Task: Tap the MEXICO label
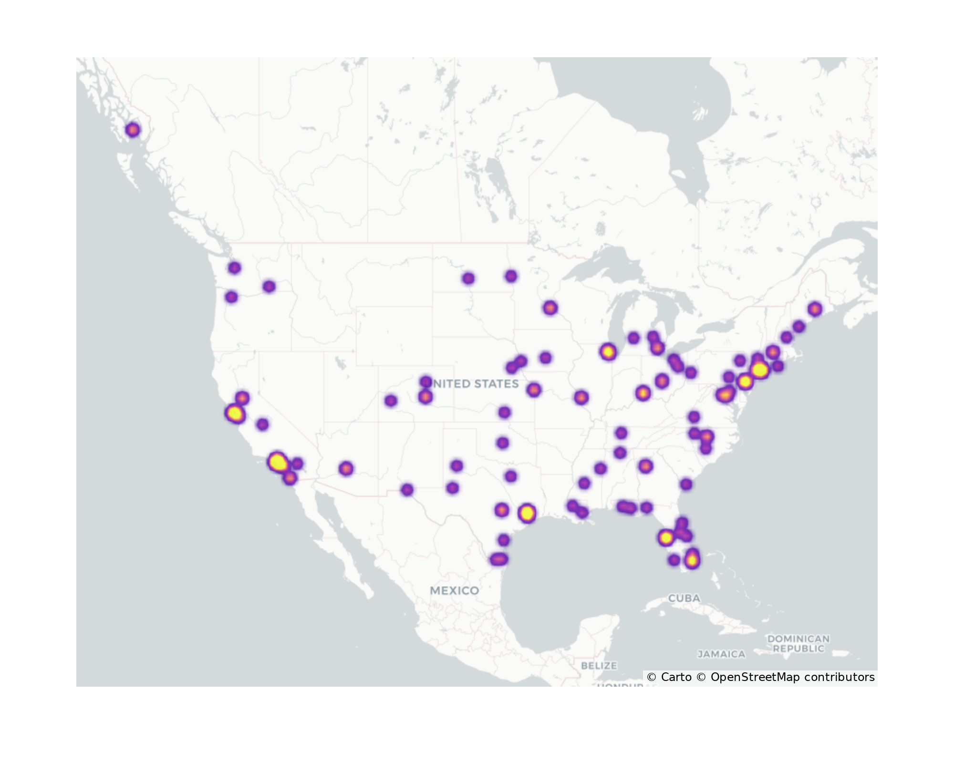(x=454, y=590)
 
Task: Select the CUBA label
(x=684, y=598)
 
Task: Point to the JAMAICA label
(x=721, y=654)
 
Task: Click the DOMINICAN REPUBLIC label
(x=798, y=643)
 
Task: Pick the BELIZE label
(x=599, y=665)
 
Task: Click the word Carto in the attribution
(x=676, y=677)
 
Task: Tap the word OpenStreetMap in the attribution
(x=755, y=677)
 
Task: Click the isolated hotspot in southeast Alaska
(x=133, y=130)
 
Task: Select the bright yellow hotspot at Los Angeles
(x=278, y=462)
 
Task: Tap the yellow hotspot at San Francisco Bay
(x=235, y=413)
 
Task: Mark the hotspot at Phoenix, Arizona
(x=346, y=469)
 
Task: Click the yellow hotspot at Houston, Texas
(x=527, y=513)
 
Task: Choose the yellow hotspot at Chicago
(x=608, y=352)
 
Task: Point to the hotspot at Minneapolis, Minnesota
(x=550, y=308)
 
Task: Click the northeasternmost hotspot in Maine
(x=815, y=309)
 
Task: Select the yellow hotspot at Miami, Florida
(x=692, y=560)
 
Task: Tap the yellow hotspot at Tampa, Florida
(x=666, y=538)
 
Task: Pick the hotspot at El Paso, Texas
(x=407, y=490)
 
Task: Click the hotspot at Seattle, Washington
(x=234, y=268)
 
